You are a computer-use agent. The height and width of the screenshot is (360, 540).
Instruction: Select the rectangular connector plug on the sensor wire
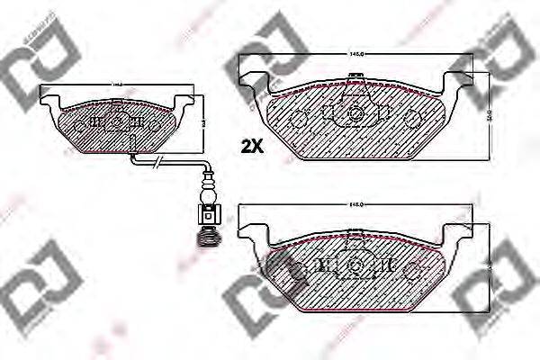[x=209, y=215]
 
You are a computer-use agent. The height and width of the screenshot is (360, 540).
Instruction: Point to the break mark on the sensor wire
[x=158, y=162]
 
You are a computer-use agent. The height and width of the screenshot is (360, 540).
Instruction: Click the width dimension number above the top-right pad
[x=356, y=56]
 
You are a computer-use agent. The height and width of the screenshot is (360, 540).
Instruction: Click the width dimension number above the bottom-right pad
[x=356, y=206]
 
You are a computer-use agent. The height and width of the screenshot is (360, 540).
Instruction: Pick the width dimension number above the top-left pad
[x=117, y=85]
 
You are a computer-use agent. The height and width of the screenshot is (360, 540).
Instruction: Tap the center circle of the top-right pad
[x=356, y=114]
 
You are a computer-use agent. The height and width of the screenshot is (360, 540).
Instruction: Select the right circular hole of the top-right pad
[x=413, y=118]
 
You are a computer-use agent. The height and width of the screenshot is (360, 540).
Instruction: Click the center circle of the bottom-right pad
[x=356, y=266]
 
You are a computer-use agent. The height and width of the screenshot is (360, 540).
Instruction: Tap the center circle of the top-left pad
[x=117, y=120]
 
